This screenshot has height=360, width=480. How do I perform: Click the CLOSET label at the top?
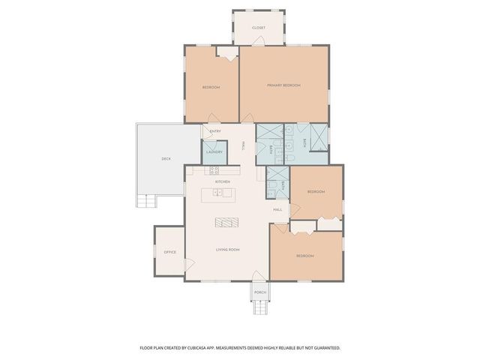coord(258,28)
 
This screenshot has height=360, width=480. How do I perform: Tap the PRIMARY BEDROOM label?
coord(283,85)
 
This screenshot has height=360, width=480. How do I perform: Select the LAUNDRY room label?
coord(213,152)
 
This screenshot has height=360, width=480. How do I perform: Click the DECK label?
coord(166,158)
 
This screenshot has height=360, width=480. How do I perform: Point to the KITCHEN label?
coord(222,181)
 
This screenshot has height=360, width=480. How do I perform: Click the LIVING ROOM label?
coord(227,248)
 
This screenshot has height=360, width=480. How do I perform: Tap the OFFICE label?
coord(169,252)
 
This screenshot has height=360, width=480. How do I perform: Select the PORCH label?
coord(259,292)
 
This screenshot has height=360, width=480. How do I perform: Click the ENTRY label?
coord(215,132)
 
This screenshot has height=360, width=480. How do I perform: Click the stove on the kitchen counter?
coord(214,170)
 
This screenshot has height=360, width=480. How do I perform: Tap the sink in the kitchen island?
coord(217,193)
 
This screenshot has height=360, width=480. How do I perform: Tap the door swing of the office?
coord(190,265)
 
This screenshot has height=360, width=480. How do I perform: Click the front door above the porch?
coord(259,279)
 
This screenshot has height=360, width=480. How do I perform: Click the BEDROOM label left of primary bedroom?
coord(211,88)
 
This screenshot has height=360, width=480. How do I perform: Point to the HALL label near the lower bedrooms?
coord(277,209)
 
